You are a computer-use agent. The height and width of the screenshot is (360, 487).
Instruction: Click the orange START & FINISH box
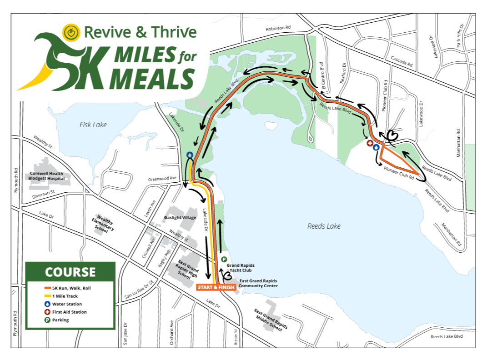click(216, 287)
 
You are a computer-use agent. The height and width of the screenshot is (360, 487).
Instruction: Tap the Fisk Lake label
click(93, 124)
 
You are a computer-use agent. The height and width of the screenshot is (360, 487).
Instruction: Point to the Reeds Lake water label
click(324, 226)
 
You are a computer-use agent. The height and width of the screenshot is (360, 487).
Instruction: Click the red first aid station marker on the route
click(370, 144)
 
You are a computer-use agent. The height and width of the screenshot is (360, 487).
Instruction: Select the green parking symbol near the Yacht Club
click(224, 259)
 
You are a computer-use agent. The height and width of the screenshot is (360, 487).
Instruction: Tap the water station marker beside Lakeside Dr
click(189, 155)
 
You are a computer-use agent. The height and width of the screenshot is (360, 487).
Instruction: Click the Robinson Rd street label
click(278, 28)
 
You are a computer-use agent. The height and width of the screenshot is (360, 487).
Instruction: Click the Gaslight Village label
click(180, 218)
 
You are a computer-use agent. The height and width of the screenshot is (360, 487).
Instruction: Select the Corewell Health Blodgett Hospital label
click(47, 176)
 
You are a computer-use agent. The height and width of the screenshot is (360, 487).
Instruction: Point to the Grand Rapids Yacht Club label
click(241, 267)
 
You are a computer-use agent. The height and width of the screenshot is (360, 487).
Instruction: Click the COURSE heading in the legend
click(70, 272)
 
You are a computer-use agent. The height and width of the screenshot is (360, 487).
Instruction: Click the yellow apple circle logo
click(70, 32)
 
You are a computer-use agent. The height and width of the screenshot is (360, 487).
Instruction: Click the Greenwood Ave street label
click(162, 179)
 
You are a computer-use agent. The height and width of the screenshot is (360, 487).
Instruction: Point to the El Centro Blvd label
click(322, 70)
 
